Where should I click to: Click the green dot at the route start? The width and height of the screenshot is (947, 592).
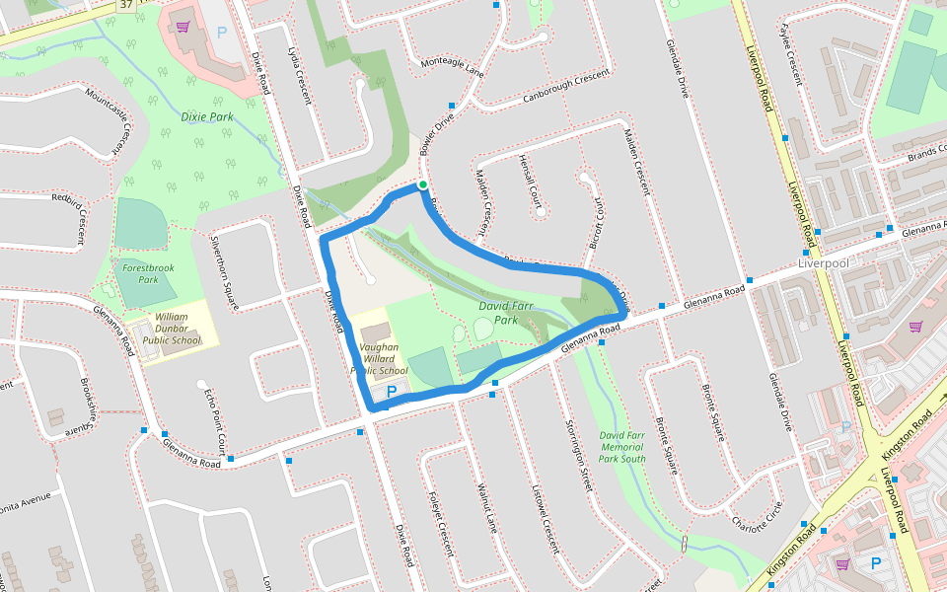422,185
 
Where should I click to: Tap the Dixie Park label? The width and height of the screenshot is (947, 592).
207,116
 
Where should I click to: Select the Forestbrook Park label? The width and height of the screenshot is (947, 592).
140,273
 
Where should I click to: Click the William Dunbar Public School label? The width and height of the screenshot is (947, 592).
171,329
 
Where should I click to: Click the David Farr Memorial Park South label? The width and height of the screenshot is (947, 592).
622,446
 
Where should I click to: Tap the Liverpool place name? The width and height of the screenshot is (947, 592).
823,264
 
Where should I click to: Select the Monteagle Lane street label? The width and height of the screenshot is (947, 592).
452,66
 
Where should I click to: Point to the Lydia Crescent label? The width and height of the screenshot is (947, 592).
299,74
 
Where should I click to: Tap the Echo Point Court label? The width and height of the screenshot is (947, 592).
215,416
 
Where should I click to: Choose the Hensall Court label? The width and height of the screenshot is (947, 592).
531,185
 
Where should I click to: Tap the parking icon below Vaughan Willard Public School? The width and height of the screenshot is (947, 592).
392,392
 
